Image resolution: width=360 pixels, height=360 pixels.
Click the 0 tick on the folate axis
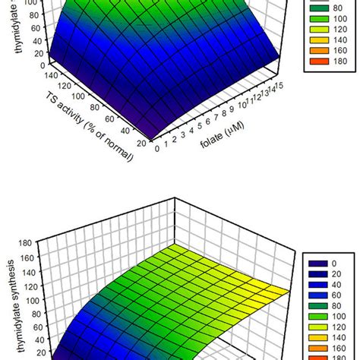[x=157, y=149]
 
